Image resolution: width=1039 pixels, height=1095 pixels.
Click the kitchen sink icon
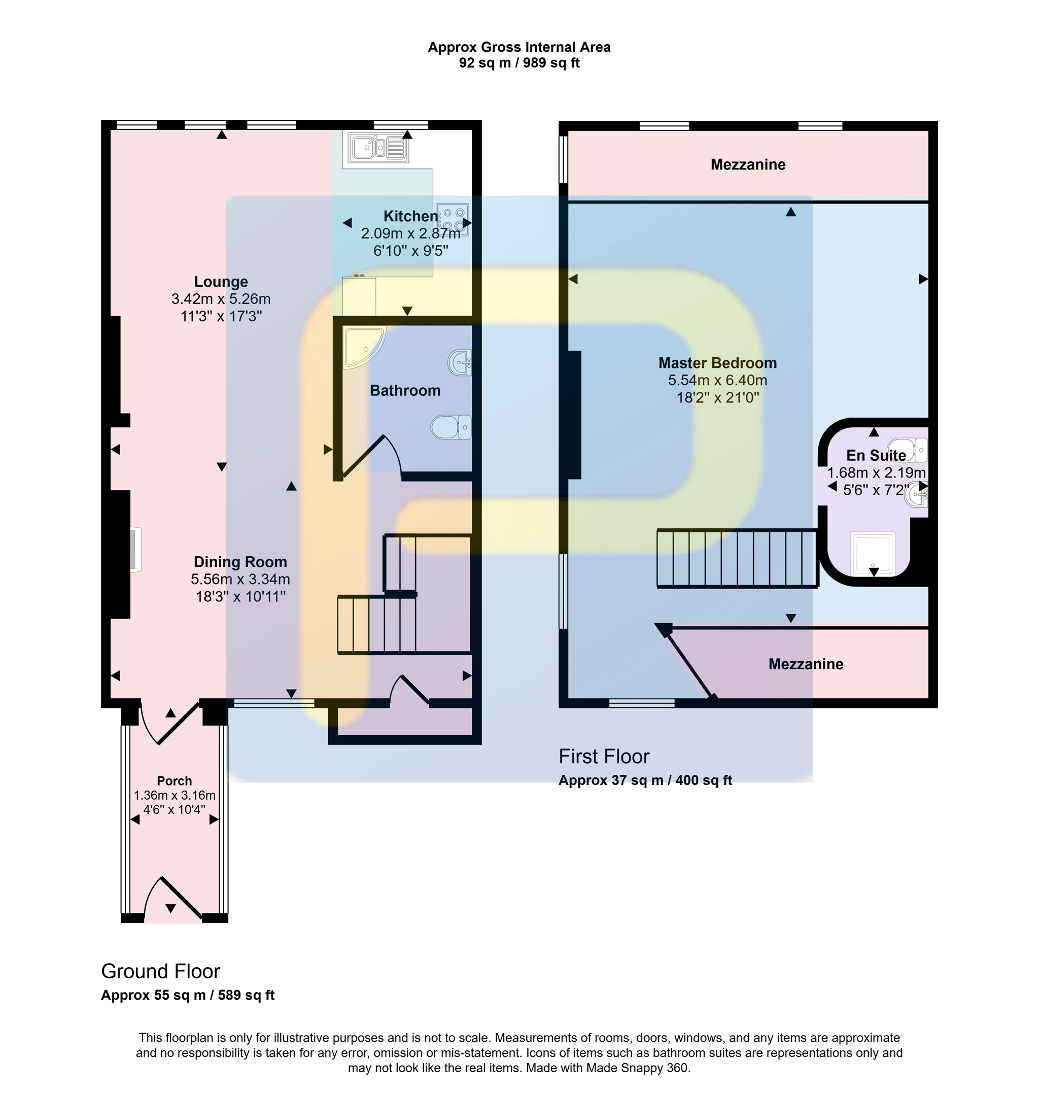376,148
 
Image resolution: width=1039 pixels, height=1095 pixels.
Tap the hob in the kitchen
453,219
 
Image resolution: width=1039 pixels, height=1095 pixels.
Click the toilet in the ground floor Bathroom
451,427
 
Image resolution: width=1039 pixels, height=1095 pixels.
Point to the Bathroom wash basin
460,363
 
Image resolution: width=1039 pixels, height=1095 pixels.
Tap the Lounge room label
221,282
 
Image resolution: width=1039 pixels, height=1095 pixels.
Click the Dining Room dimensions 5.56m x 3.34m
240,579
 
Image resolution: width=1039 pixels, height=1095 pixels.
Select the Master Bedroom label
717,363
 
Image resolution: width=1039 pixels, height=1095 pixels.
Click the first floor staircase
738,558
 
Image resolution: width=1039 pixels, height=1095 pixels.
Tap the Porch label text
175,781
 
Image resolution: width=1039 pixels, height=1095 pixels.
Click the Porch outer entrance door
173,898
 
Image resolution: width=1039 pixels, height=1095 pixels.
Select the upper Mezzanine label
748,164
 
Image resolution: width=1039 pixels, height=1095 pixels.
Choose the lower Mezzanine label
806,664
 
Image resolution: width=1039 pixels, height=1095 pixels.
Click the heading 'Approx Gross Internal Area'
519,47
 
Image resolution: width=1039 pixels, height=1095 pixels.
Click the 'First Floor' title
604,757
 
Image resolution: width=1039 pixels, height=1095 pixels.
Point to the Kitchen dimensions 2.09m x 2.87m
410,234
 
